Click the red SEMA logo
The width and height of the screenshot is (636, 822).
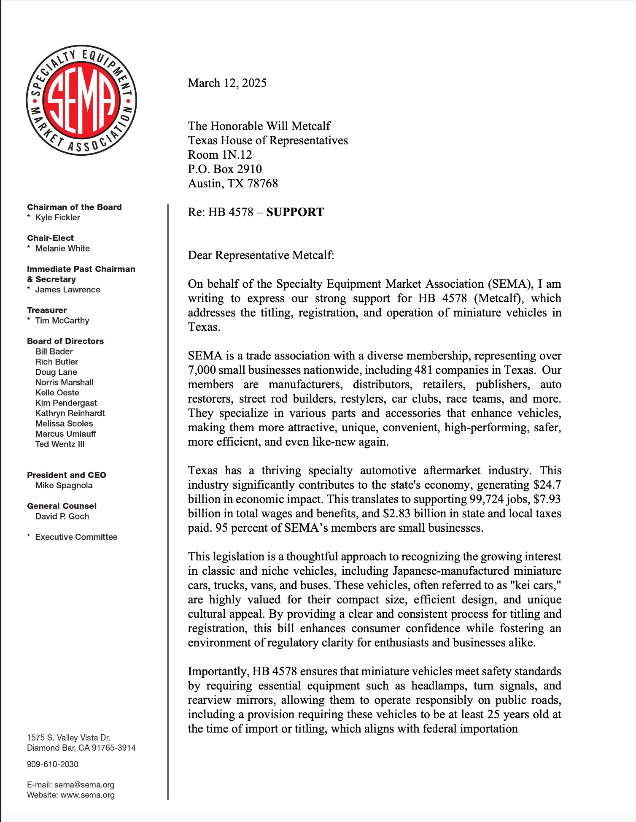click(x=81, y=100)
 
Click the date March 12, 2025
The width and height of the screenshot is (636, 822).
click(x=227, y=83)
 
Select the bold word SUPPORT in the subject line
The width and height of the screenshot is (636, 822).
click(x=295, y=212)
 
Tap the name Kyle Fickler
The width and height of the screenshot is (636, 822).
click(x=57, y=217)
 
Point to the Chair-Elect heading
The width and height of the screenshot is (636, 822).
click(x=50, y=238)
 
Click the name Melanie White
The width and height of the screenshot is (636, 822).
click(x=62, y=248)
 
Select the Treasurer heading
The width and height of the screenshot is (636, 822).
click(x=47, y=310)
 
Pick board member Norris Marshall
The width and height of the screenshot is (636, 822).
click(x=64, y=382)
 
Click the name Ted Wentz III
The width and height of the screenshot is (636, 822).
click(x=60, y=444)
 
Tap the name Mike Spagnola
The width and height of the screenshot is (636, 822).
click(x=64, y=485)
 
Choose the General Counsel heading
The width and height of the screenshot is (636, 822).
click(x=62, y=506)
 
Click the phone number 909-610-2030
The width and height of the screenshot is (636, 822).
click(x=53, y=764)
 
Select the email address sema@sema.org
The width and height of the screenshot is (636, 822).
click(x=84, y=785)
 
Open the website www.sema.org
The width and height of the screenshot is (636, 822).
click(x=88, y=795)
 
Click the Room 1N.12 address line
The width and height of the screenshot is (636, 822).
click(x=220, y=154)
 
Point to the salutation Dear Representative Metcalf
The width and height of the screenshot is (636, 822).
click(x=261, y=255)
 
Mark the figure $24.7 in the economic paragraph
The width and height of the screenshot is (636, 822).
click(x=547, y=485)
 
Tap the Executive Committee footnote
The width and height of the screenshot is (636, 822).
click(x=76, y=537)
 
